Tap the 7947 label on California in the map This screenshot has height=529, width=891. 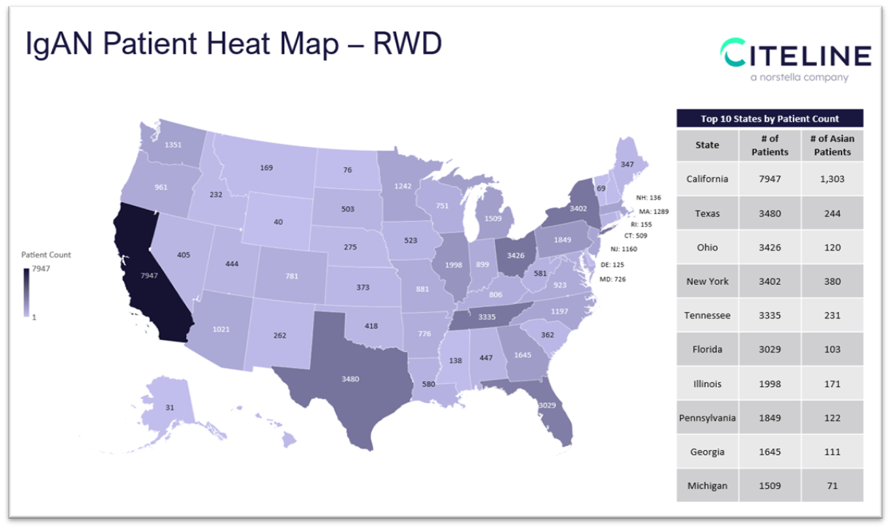pos(149,276)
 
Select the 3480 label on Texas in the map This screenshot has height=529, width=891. pos(350,378)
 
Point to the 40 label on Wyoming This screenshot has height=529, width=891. pos(278,221)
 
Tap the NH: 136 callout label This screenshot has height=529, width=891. pos(648,197)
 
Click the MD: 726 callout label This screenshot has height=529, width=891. pos(613,279)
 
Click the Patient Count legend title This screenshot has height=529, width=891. pos(46,255)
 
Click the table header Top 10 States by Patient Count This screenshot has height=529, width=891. pos(770,119)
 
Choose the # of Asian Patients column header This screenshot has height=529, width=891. pos(833,145)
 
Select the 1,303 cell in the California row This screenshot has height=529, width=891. pos(833,179)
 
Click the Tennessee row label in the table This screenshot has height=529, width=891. pos(707,315)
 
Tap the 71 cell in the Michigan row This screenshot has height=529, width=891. pos(833,485)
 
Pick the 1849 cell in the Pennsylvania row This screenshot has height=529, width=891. pos(770,417)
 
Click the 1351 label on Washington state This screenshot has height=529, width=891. pos(172,145)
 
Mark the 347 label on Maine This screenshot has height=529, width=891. pos(627,164)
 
